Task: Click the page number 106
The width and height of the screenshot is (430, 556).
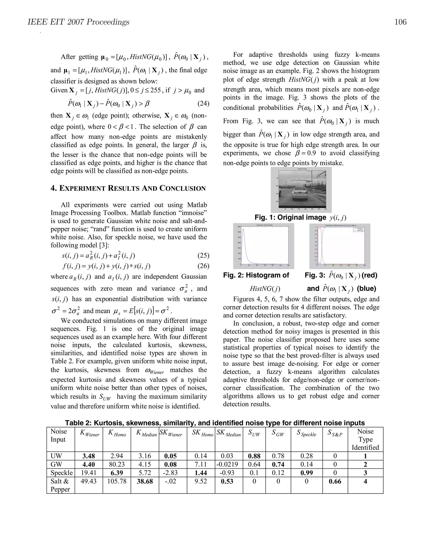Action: pyautogui.click(x=400, y=22)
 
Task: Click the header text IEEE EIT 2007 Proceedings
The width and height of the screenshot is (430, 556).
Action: pyautogui.click(x=79, y=22)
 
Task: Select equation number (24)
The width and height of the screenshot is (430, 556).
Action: pyautogui.click(x=203, y=103)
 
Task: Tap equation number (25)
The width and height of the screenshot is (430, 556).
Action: pyautogui.click(x=203, y=255)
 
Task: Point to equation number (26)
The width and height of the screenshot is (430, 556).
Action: pyautogui.click(x=203, y=266)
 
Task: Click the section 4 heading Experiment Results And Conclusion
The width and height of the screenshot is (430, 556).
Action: pyautogui.click(x=128, y=188)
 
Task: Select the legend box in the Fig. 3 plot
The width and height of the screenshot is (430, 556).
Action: pyautogui.click(x=358, y=229)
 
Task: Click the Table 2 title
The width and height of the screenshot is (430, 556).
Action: pyautogui.click(x=215, y=423)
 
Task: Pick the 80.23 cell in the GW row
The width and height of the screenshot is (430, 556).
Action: pyautogui.click(x=117, y=464)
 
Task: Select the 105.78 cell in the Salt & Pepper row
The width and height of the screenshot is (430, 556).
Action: pyautogui.click(x=117, y=481)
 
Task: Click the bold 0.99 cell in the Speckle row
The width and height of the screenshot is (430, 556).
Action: pyautogui.click(x=307, y=473)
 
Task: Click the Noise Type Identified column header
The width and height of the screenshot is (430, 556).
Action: pyautogui.click(x=365, y=439)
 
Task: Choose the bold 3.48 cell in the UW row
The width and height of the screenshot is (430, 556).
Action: pyautogui.click(x=89, y=456)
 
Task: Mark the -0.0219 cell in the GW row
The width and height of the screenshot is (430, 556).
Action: pyautogui.click(x=228, y=464)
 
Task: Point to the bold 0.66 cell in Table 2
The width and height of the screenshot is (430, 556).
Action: pyautogui.click(x=335, y=481)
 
